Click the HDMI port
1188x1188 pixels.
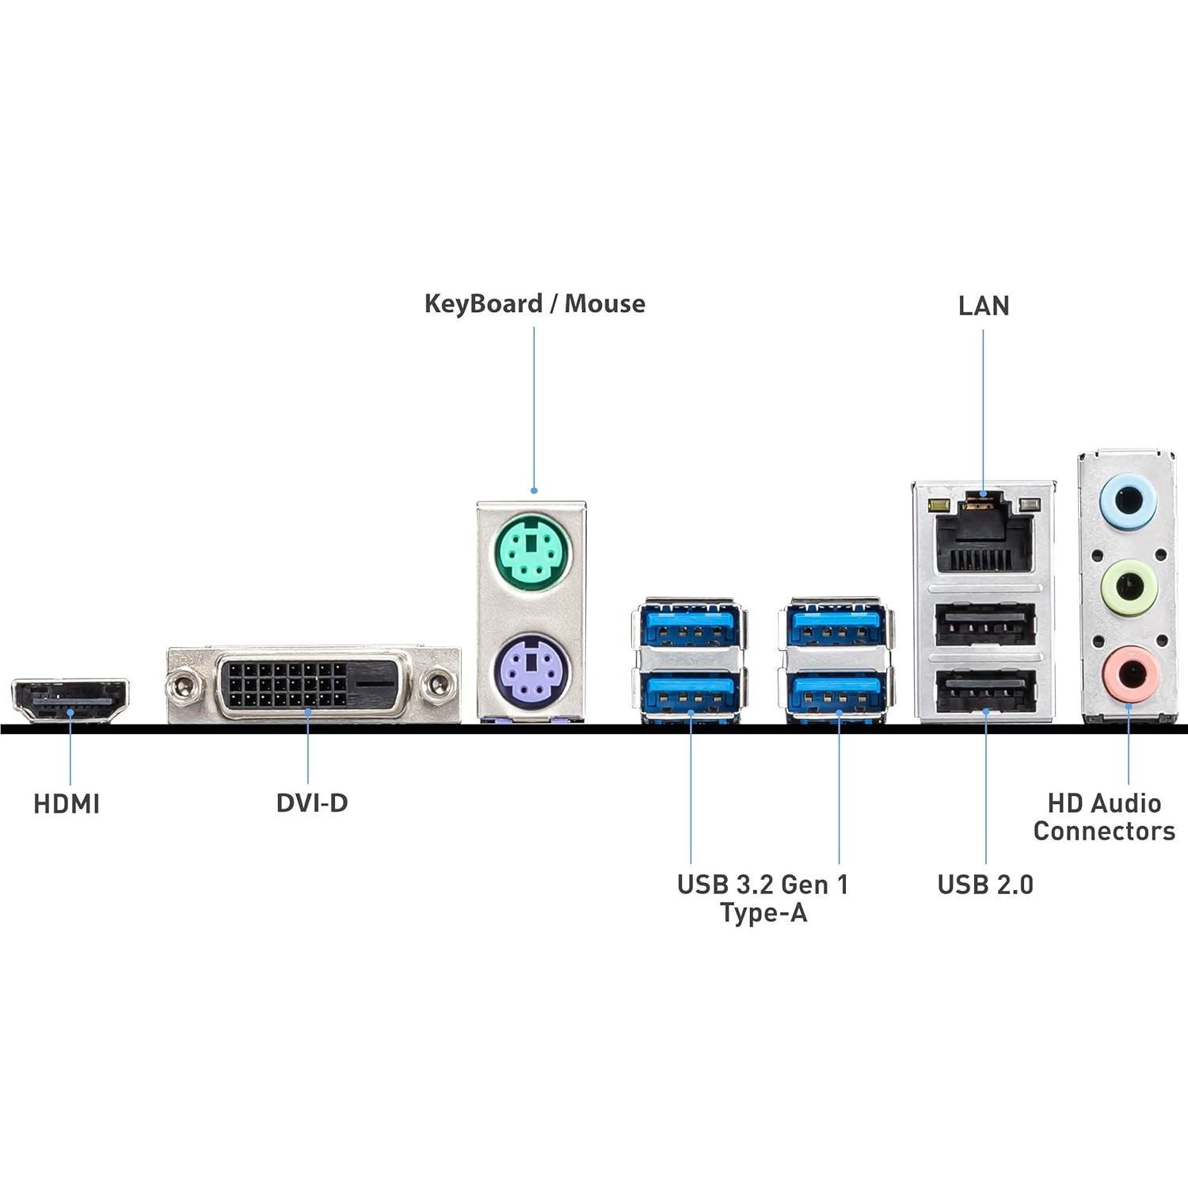tap(70, 700)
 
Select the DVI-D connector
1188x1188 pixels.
tap(313, 684)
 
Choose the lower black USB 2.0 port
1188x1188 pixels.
tap(984, 691)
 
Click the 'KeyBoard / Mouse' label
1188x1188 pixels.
tap(535, 304)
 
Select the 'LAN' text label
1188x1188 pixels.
tap(984, 307)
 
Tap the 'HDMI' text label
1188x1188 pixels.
tap(67, 805)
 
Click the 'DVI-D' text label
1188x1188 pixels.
tap(312, 803)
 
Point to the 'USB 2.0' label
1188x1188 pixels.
tap(985, 885)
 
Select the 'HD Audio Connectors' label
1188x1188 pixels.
tap(1104, 817)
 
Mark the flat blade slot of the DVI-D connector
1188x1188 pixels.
tap(371, 683)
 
